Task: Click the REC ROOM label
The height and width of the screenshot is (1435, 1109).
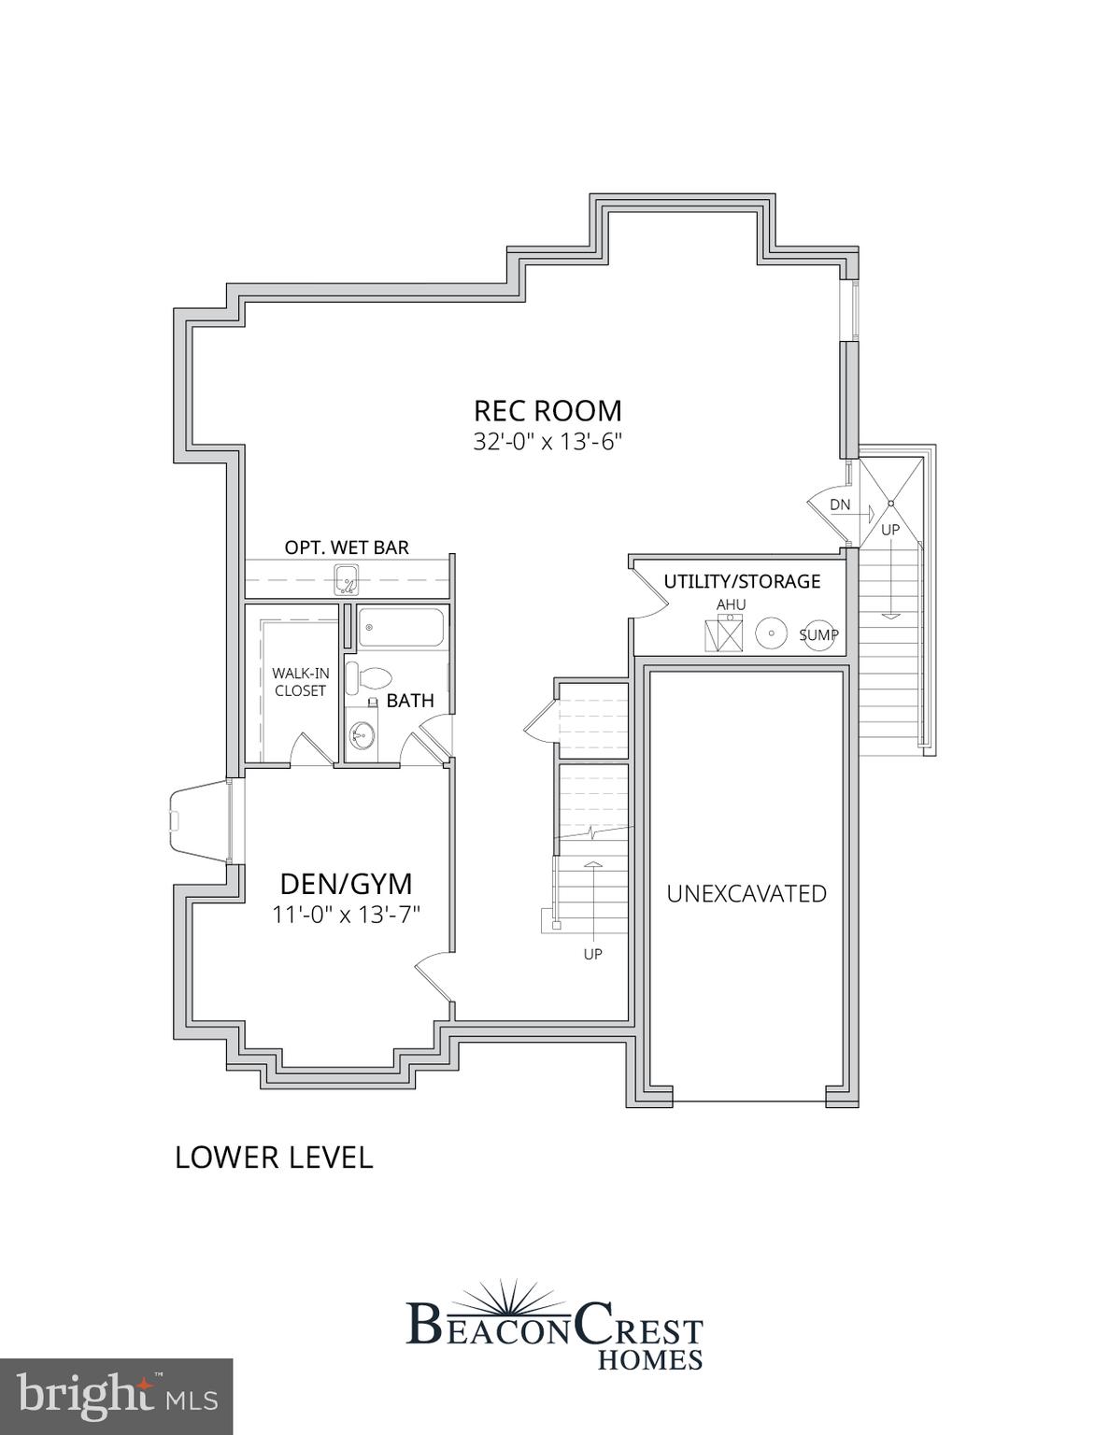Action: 547,411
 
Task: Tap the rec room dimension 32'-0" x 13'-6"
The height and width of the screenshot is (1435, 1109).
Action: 547,442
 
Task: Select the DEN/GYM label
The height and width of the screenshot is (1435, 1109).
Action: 347,884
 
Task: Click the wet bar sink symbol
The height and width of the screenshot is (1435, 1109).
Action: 347,580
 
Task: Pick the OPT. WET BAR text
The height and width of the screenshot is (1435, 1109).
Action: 347,547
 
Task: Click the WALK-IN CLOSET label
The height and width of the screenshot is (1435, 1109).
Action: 300,682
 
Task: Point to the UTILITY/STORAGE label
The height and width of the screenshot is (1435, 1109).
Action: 742,581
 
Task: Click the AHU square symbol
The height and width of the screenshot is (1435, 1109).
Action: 723,634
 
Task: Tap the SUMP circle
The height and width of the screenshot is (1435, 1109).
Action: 819,634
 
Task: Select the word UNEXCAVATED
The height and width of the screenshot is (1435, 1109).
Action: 746,894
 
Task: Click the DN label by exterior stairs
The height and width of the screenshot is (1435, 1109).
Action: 840,505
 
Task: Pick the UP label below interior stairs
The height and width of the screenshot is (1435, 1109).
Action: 592,955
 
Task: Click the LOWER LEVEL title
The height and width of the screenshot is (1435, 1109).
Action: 274,1158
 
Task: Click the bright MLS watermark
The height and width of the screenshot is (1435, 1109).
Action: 116,1397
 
